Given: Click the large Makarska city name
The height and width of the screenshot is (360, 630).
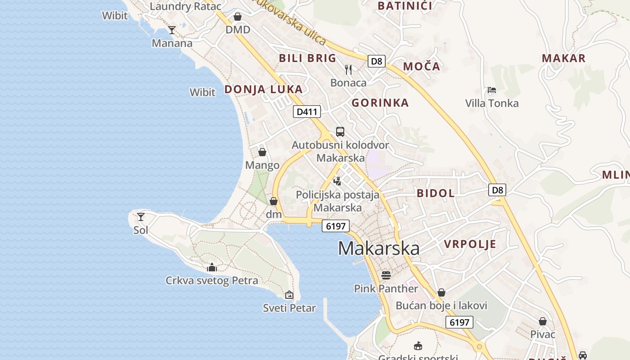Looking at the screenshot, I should point(378,248).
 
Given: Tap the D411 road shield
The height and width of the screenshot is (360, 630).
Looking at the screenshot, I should point(307,112).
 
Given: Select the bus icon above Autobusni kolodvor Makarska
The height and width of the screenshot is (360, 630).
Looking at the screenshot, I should point(340,132).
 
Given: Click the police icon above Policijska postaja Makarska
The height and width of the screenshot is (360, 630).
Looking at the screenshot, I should point(337,181).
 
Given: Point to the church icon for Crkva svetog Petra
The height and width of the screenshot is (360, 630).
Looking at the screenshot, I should point(212,267).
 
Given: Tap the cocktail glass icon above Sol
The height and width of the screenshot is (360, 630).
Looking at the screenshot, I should point(141,217).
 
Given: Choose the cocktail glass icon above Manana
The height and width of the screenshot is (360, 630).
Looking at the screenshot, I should point(172,30).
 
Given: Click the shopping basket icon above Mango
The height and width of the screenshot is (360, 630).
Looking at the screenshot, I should point(262,152).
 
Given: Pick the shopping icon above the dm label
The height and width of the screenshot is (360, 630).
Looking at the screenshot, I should point(274,201).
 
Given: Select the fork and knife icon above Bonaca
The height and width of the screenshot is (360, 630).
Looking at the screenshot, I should point(348,69).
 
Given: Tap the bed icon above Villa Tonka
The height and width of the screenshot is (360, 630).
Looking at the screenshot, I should point(492,90).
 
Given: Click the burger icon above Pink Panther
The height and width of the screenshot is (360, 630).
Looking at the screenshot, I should point(386,275).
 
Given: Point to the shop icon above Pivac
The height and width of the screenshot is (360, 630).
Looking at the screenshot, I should point(543,321).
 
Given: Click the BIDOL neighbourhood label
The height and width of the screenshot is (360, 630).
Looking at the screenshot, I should point(436,193).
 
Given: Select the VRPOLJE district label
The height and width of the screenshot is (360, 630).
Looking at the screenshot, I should point(470,244).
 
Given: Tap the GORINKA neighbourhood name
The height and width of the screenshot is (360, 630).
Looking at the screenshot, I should point(380,103).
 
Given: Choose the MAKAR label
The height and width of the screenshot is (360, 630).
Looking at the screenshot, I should point(563,58).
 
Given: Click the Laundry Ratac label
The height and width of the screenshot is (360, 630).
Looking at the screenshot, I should point(185,6).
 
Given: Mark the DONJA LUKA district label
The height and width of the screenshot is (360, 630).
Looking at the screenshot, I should point(263,90).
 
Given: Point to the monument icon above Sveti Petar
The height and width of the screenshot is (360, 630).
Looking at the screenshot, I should point(289,295).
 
